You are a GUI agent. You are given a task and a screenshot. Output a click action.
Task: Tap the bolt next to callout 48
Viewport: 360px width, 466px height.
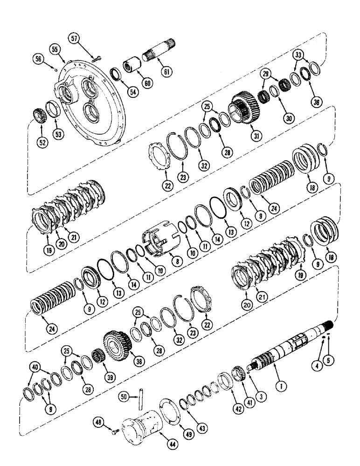(x=114, y=432)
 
